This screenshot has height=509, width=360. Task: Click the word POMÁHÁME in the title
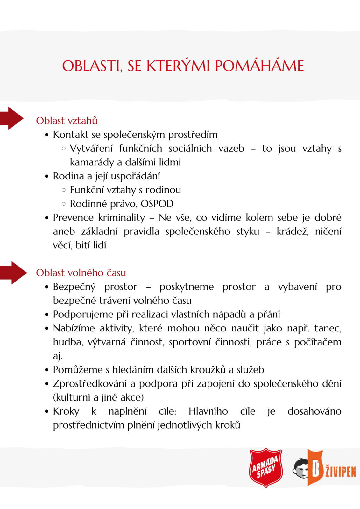coord(259,66)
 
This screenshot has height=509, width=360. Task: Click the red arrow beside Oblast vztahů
coord(12,118)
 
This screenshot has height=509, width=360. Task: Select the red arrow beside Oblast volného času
coord(14,273)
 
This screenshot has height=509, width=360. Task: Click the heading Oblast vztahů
coord(67,121)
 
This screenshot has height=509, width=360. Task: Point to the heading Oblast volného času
coord(81,273)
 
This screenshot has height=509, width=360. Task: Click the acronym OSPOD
coord(157,204)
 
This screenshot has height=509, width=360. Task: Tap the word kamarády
coord(92,163)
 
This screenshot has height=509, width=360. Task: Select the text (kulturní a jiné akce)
coord(98,398)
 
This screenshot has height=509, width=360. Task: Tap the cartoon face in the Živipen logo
coord(301,469)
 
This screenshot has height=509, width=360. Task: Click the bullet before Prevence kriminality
coord(47,218)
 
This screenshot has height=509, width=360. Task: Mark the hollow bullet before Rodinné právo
coord(64,204)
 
